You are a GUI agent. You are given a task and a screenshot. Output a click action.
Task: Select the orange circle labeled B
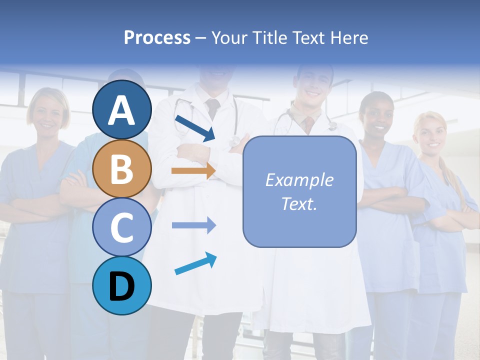tap(122, 168)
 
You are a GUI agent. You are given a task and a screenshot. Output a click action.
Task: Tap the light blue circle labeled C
tap(122, 227)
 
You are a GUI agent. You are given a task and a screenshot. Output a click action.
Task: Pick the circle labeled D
tap(122, 285)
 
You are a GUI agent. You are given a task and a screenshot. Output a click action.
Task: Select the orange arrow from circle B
tap(193, 170)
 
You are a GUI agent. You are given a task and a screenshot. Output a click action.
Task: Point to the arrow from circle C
tap(193, 225)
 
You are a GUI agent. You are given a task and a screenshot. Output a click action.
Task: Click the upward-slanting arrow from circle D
tap(195, 264)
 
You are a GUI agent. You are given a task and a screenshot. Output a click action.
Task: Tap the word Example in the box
tap(299, 180)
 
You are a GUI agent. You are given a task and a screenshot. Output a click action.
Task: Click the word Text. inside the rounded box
tap(299, 203)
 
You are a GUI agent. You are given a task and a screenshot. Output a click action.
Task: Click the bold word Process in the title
tap(157, 37)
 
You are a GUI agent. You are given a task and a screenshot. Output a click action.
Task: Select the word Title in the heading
tap(269, 37)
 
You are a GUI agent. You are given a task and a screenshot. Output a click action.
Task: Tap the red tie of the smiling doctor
tap(309, 123)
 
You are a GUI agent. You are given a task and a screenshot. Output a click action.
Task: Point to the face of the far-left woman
tap(48, 113)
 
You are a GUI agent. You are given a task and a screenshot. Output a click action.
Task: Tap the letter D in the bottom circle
tap(122, 287)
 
